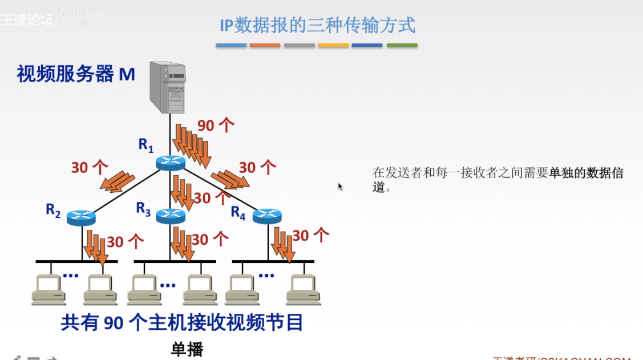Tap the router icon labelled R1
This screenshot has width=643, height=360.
(171, 163)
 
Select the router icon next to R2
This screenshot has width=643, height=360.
(81, 217)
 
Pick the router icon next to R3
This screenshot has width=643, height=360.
(171, 216)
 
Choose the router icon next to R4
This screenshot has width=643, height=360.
(267, 216)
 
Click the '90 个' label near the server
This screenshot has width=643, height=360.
(216, 125)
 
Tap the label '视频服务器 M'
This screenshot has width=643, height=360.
(76, 74)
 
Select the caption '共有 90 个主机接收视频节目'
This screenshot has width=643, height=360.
(182, 323)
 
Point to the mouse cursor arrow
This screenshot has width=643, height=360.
(340, 186)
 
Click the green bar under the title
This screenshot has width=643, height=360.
(402, 45)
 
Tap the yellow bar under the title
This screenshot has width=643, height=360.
(333, 45)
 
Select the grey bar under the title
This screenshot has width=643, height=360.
(299, 45)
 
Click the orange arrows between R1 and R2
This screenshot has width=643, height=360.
(118, 180)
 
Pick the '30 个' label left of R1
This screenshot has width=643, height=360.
(90, 167)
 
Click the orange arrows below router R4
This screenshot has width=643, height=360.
(283, 244)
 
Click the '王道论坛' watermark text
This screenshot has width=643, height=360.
(27, 19)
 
